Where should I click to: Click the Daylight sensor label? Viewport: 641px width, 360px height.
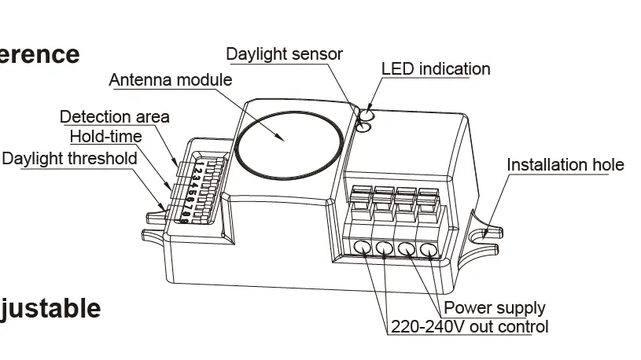click(284, 54)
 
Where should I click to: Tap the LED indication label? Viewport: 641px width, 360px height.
click(436, 69)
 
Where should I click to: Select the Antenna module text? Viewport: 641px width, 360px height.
click(170, 80)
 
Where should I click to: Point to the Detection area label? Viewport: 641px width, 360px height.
click(115, 117)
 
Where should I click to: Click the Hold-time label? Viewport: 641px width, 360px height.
click(106, 137)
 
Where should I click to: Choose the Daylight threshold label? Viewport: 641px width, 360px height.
click(69, 158)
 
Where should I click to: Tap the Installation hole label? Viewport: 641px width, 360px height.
click(565, 165)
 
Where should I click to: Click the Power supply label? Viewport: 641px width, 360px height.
click(495, 308)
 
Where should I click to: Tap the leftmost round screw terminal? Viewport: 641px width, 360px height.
click(363, 249)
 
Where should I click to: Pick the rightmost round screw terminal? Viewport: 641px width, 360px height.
click(429, 250)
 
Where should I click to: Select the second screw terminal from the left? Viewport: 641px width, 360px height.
click(385, 249)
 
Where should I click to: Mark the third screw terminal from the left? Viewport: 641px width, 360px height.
click(407, 249)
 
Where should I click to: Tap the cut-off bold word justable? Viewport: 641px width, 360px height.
click(50, 308)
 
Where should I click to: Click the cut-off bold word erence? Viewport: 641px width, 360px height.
click(39, 54)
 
